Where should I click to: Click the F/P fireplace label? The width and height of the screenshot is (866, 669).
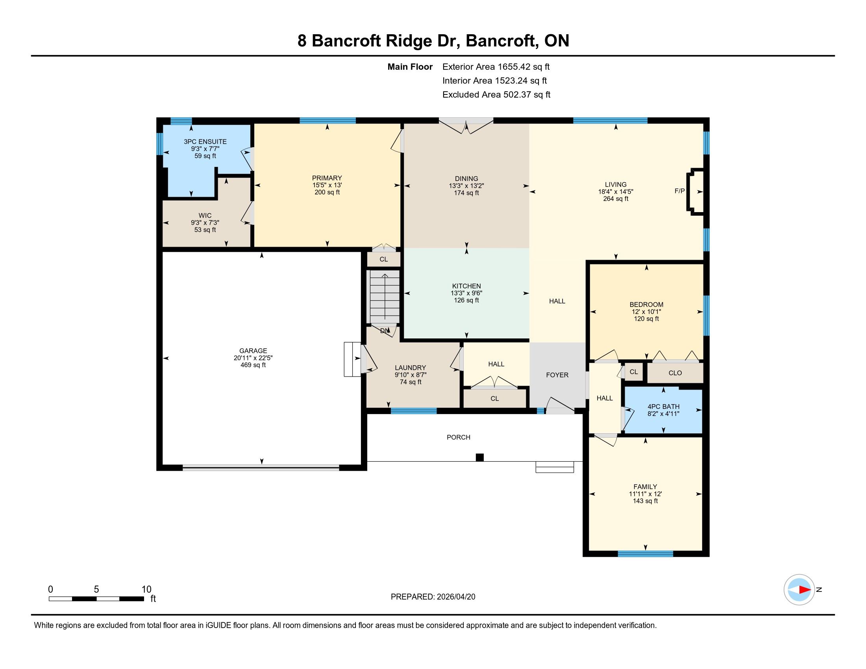click(679, 191)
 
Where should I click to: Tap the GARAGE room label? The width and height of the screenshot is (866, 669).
click(253, 351)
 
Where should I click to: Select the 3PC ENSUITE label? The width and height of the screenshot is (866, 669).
click(205, 142)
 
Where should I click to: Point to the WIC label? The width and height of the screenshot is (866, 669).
click(205, 216)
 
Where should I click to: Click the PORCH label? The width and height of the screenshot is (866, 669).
click(458, 437)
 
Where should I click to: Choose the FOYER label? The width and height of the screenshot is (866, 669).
click(557, 375)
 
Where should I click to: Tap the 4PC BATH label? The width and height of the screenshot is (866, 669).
click(663, 407)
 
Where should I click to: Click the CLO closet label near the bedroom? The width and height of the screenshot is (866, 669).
click(675, 373)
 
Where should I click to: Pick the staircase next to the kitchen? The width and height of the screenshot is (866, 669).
click(385, 297)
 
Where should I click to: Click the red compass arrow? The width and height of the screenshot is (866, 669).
click(805, 590)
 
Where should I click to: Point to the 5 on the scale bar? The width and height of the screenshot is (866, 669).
click(96, 590)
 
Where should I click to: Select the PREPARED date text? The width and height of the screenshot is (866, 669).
click(433, 597)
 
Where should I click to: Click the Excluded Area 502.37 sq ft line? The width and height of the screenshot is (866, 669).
click(496, 95)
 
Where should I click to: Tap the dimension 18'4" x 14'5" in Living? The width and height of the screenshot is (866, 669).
click(615, 191)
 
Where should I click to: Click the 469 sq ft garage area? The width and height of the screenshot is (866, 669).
click(253, 365)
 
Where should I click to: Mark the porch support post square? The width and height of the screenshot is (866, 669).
click(480, 457)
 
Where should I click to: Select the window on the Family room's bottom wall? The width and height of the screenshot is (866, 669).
click(645, 554)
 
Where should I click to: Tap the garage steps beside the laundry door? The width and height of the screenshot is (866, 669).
click(352, 359)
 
